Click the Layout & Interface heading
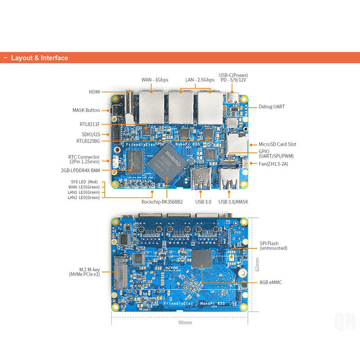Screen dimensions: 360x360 coord(40,58)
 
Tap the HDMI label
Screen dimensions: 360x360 coord(94,92)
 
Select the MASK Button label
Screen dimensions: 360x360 coord(86,110)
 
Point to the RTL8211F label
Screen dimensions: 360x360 coord(90,124)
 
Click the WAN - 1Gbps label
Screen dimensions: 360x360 coord(155,80)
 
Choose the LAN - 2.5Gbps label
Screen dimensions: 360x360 coord(200,80)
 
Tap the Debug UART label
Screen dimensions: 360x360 coord(271,107)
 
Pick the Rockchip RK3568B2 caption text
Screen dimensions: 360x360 coord(162,202)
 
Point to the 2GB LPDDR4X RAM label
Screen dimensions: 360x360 coord(80,170)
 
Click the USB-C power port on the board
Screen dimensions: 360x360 coord(233,98)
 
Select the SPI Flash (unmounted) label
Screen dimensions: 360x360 coord(274,246)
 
